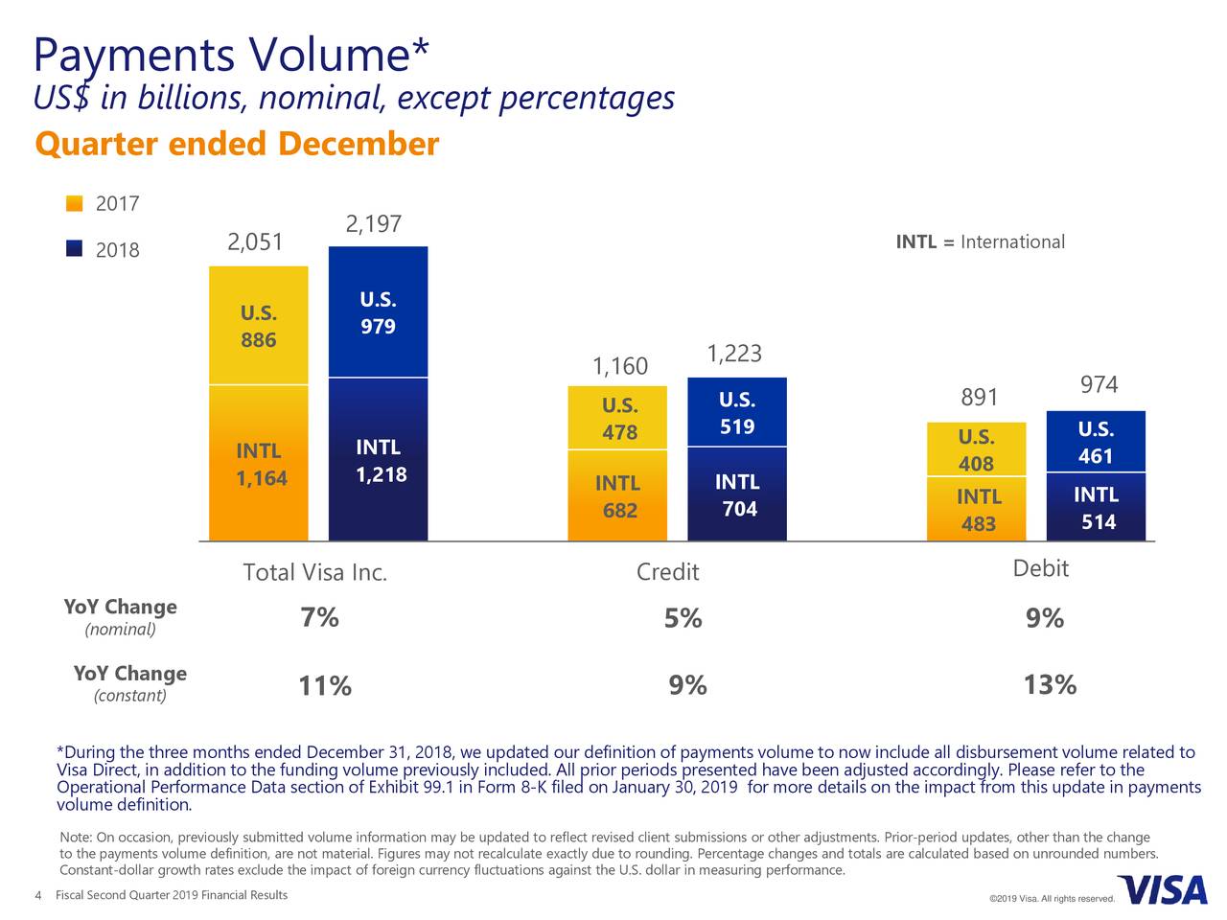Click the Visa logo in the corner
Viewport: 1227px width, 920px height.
pyautogui.click(x=1162, y=890)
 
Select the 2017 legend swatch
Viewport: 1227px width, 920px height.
pyautogui.click(x=74, y=203)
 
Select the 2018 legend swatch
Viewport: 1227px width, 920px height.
pyautogui.click(x=74, y=249)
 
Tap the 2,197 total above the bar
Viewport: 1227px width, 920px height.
pyautogui.click(x=373, y=224)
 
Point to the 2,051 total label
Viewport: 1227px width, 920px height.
pyautogui.click(x=255, y=242)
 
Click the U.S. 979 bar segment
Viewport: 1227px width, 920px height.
pyautogui.click(x=378, y=312)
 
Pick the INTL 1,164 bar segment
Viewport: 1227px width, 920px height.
pyautogui.click(x=259, y=464)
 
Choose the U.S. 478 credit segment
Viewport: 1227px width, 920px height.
pyautogui.click(x=619, y=419)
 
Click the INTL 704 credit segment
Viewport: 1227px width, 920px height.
pyautogui.click(x=737, y=494)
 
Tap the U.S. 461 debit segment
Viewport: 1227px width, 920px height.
pyautogui.click(x=1096, y=443)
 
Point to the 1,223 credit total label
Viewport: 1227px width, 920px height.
pyautogui.click(x=734, y=354)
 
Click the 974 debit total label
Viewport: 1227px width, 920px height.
pyautogui.click(x=1099, y=385)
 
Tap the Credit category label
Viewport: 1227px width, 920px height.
pyautogui.click(x=667, y=572)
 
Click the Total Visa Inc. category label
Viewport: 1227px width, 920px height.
pyautogui.click(x=315, y=573)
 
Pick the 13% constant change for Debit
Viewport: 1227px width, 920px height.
pyautogui.click(x=1050, y=685)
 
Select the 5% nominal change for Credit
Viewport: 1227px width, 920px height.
pyautogui.click(x=683, y=619)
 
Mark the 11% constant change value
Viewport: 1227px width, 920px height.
pyautogui.click(x=324, y=686)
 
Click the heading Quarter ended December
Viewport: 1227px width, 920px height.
pyautogui.click(x=236, y=145)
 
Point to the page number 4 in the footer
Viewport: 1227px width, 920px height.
pyautogui.click(x=37, y=896)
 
